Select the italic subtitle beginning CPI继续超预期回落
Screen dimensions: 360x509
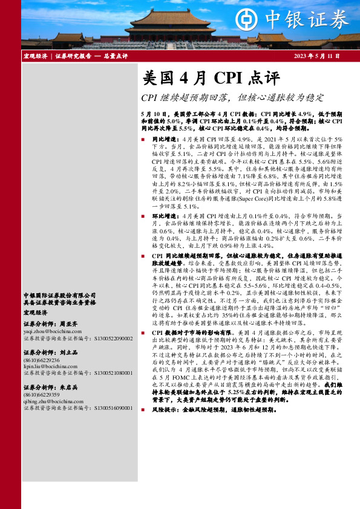pyautogui.click(x=232, y=97)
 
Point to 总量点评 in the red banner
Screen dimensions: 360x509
pyautogui.click(x=114, y=56)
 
